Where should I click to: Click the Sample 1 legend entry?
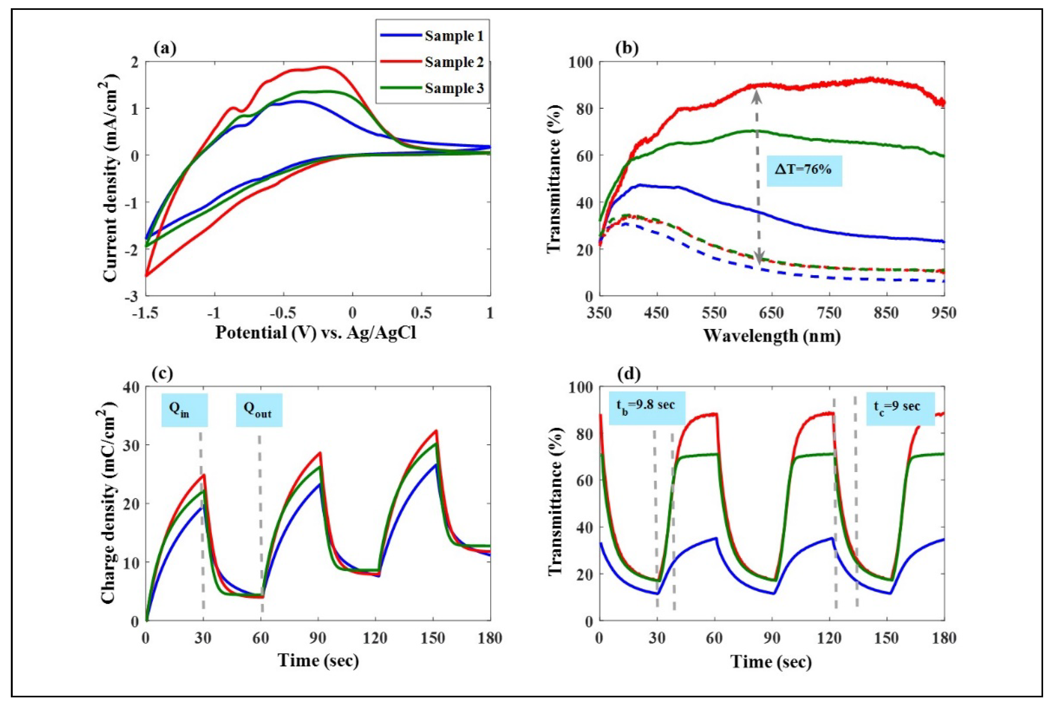click(x=454, y=36)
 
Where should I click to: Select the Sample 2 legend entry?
click(x=454, y=62)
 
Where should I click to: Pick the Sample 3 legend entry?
click(x=454, y=88)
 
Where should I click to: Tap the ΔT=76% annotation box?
click(x=804, y=170)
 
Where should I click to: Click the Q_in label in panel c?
click(x=184, y=410)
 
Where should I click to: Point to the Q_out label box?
click(x=259, y=410)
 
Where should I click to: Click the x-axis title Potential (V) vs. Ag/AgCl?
click(x=316, y=333)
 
